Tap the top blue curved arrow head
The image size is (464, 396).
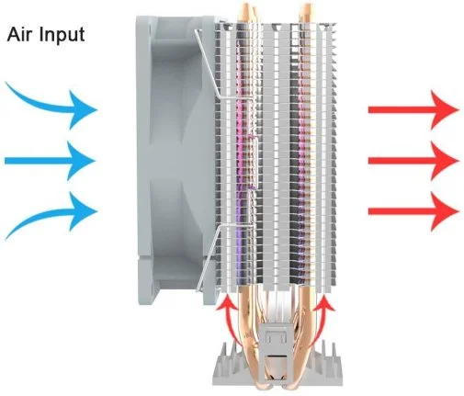click(x=82, y=109)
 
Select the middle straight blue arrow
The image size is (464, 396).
click(x=50, y=161)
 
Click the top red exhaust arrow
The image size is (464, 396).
click(x=413, y=109)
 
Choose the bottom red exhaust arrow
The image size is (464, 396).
click(x=413, y=211)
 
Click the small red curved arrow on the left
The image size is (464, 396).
click(x=232, y=322)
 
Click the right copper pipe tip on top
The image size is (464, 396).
click(x=307, y=9)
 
